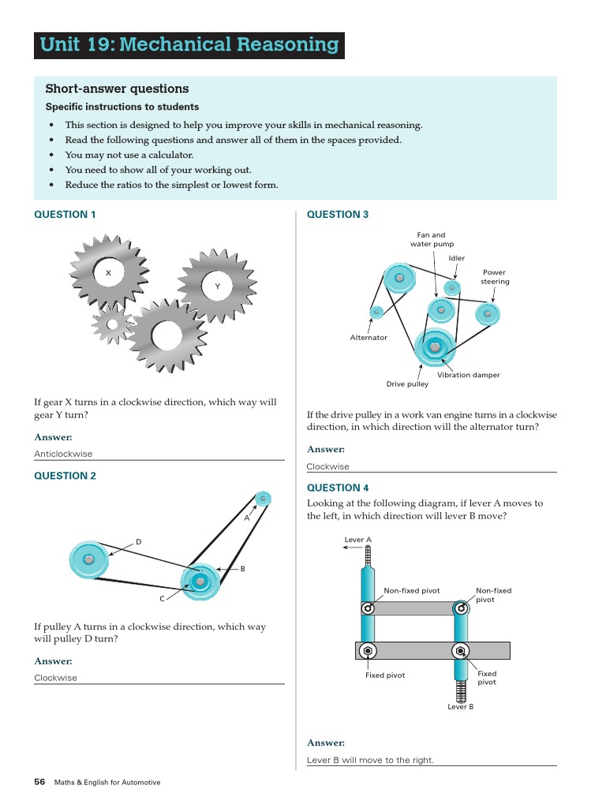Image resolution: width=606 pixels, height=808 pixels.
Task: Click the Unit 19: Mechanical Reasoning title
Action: [x=189, y=45]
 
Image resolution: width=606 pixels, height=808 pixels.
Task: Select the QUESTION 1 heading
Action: [x=65, y=215]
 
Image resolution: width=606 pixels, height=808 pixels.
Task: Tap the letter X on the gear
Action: [x=108, y=272]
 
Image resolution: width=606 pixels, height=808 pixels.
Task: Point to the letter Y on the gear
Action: [x=217, y=286]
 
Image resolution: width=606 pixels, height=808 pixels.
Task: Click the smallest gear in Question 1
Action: [x=112, y=323]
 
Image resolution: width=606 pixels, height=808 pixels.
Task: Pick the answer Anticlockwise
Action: [x=63, y=454]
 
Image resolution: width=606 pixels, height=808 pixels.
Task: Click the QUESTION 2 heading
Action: [x=65, y=476]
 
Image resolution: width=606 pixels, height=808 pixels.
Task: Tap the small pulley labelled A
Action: [x=263, y=499]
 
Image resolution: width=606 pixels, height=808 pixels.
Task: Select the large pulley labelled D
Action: [x=88, y=559]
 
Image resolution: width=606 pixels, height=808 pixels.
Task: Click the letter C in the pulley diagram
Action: [x=162, y=599]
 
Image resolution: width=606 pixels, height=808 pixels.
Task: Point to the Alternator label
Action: [x=368, y=338]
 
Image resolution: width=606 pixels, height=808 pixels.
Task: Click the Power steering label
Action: [x=495, y=277]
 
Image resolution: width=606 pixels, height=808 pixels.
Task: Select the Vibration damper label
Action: [x=468, y=375]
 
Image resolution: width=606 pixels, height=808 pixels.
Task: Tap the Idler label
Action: [x=457, y=258]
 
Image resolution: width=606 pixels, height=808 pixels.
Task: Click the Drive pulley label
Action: [x=407, y=384]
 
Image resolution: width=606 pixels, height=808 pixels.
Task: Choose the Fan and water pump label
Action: [x=432, y=239]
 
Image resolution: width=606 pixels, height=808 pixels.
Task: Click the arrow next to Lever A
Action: [x=353, y=547]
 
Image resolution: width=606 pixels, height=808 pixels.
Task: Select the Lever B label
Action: [x=461, y=706]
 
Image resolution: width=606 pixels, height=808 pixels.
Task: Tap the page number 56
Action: [x=39, y=782]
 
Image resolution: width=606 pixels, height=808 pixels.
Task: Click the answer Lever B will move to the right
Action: [x=370, y=761]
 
